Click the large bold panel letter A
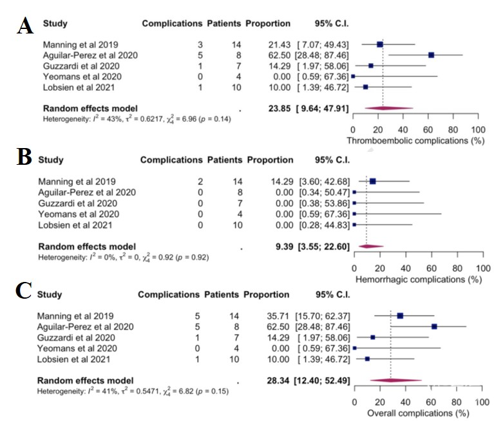[x=25, y=25]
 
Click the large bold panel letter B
[x=24, y=156]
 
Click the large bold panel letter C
[x=24, y=290]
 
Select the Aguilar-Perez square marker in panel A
[x=432, y=55]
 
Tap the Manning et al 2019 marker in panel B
[x=373, y=182]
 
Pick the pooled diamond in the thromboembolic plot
[x=389, y=108]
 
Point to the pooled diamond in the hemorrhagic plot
[x=371, y=247]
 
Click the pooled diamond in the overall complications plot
[x=395, y=380]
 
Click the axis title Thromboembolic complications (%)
[x=415, y=140]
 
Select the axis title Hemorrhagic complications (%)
[x=419, y=279]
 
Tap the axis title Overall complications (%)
[x=418, y=413]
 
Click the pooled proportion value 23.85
[x=280, y=109]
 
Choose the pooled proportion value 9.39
[x=284, y=247]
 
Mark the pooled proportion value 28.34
[x=278, y=380]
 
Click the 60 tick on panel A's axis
[x=428, y=130]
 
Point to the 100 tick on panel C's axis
[x=482, y=402]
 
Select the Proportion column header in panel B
[x=270, y=160]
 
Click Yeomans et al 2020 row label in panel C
[x=77, y=348]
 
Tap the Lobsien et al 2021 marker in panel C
[x=367, y=359]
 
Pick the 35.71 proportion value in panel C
[x=278, y=316]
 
